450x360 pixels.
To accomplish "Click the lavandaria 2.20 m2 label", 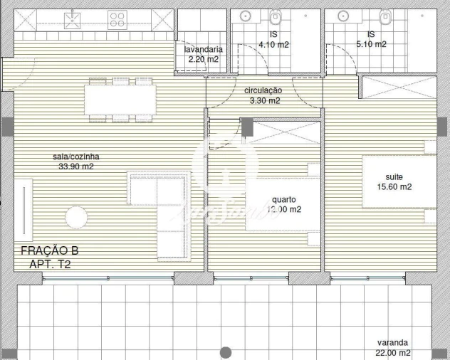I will tap(204, 55).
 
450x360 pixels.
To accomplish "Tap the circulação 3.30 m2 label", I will tap(263, 96).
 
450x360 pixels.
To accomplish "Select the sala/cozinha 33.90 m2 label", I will tap(75, 162).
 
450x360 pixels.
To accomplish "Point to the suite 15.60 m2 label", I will tap(398, 181).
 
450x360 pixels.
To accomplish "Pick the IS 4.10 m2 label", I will tap(273, 39).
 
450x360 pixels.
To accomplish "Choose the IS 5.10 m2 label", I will tap(371, 39).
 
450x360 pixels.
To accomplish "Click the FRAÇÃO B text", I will tap(49, 250).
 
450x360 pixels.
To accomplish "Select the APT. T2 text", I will tap(50, 264).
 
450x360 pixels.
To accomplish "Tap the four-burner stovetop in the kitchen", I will tap(118, 20).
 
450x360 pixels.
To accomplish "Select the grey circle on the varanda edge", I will tap(226, 352).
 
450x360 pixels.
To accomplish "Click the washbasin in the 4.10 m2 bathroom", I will tap(245, 16).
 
